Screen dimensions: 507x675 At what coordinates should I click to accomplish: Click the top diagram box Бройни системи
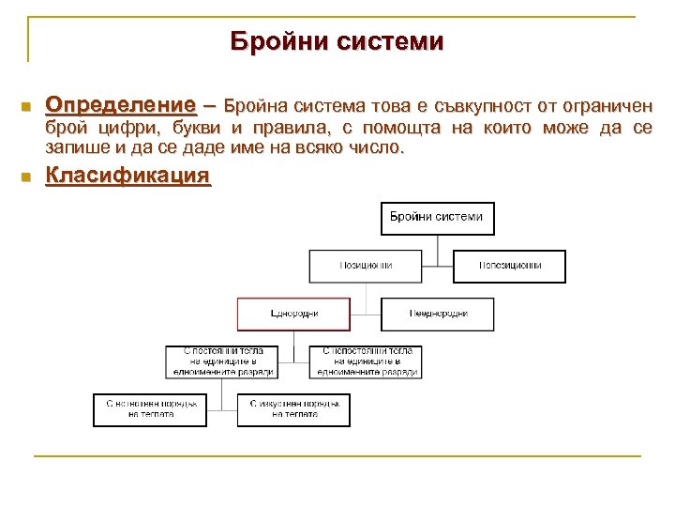(x=437, y=218)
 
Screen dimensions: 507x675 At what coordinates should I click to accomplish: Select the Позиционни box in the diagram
(x=366, y=266)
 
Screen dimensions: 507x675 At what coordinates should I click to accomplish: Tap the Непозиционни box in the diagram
(x=509, y=266)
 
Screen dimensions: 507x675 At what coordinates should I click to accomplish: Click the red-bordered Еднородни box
(x=293, y=314)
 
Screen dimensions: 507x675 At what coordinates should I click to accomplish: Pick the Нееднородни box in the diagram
(x=437, y=314)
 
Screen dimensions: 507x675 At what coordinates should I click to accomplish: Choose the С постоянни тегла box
(x=223, y=361)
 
